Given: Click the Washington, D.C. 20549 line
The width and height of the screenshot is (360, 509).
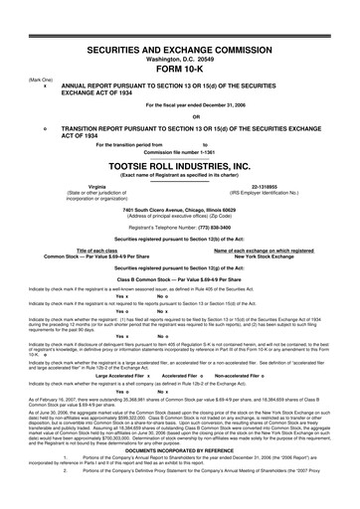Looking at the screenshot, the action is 180,32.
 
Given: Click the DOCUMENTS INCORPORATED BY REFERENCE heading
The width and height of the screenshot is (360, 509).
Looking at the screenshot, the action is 180,478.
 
